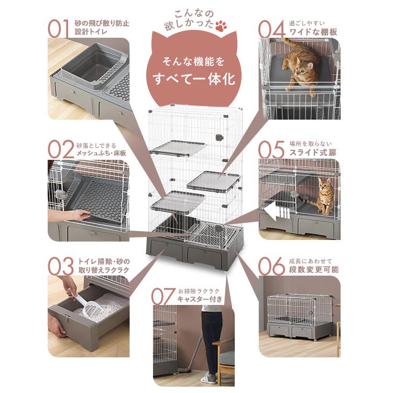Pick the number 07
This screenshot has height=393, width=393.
point(163,296)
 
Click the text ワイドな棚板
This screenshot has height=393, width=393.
point(313,32)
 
